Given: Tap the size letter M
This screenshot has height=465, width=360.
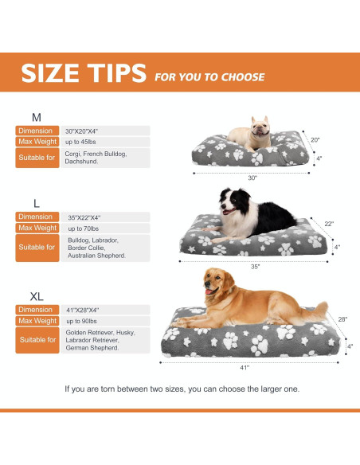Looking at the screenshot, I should point(36,116).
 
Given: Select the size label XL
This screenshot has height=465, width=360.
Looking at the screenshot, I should point(37,295).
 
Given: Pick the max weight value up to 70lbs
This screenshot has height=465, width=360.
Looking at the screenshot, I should point(83,229).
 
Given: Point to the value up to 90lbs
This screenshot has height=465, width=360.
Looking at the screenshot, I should point(83,321).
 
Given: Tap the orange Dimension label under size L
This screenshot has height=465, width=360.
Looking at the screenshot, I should point(35,217).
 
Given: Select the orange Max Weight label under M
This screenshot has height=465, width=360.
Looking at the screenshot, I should point(36,142).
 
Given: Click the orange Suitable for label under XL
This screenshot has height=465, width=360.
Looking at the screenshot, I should point(37,340).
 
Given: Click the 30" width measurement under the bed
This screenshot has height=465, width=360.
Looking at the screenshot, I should point(252,178).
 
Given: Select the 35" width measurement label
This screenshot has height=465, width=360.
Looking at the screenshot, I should point(255,266).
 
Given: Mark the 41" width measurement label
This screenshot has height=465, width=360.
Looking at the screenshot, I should point(245,367).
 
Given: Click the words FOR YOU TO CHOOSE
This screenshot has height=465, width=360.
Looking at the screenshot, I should point(210,77).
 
